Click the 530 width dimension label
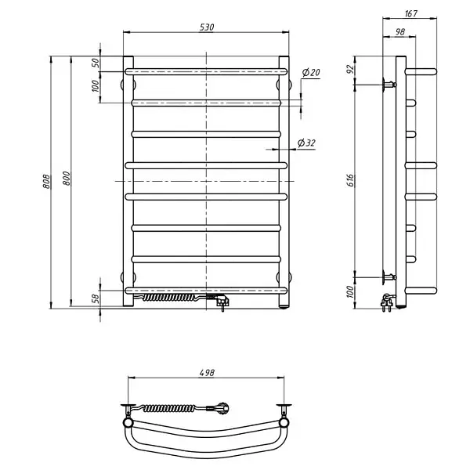[207, 27]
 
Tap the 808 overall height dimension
[46, 182]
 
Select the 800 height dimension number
[67, 179]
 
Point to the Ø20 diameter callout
[311, 72]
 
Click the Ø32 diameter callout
[306, 143]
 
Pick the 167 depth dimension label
[410, 14]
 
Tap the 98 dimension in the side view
[400, 32]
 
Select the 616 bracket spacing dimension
[351, 180]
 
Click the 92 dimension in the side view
[350, 69]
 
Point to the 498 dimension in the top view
[207, 373]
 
